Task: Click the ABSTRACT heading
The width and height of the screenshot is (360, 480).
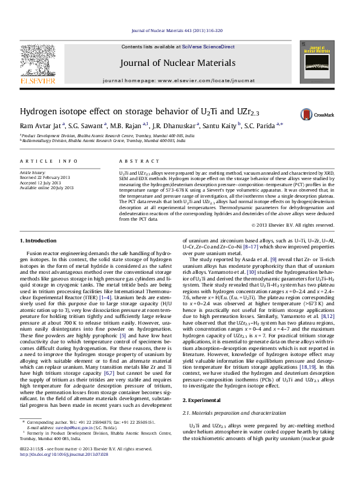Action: tap(131, 161)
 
